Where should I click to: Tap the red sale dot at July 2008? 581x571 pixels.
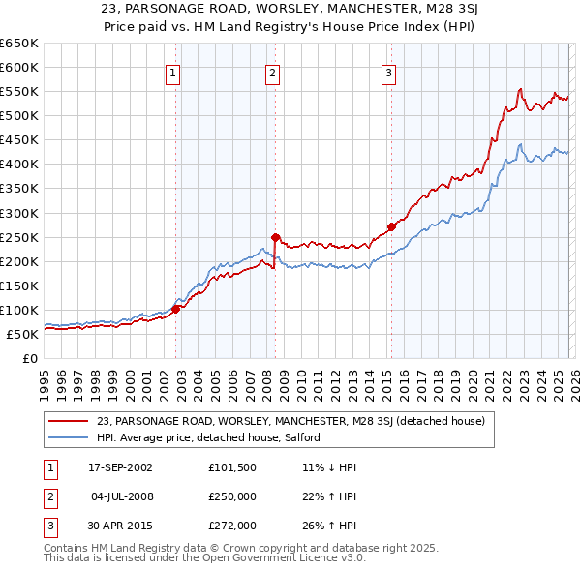click(x=275, y=236)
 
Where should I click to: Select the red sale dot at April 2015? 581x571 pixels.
click(x=391, y=226)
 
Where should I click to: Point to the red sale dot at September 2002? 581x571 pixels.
click(x=175, y=309)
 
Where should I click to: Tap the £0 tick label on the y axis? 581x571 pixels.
click(x=29, y=358)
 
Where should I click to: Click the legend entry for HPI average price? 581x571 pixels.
click(x=208, y=438)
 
